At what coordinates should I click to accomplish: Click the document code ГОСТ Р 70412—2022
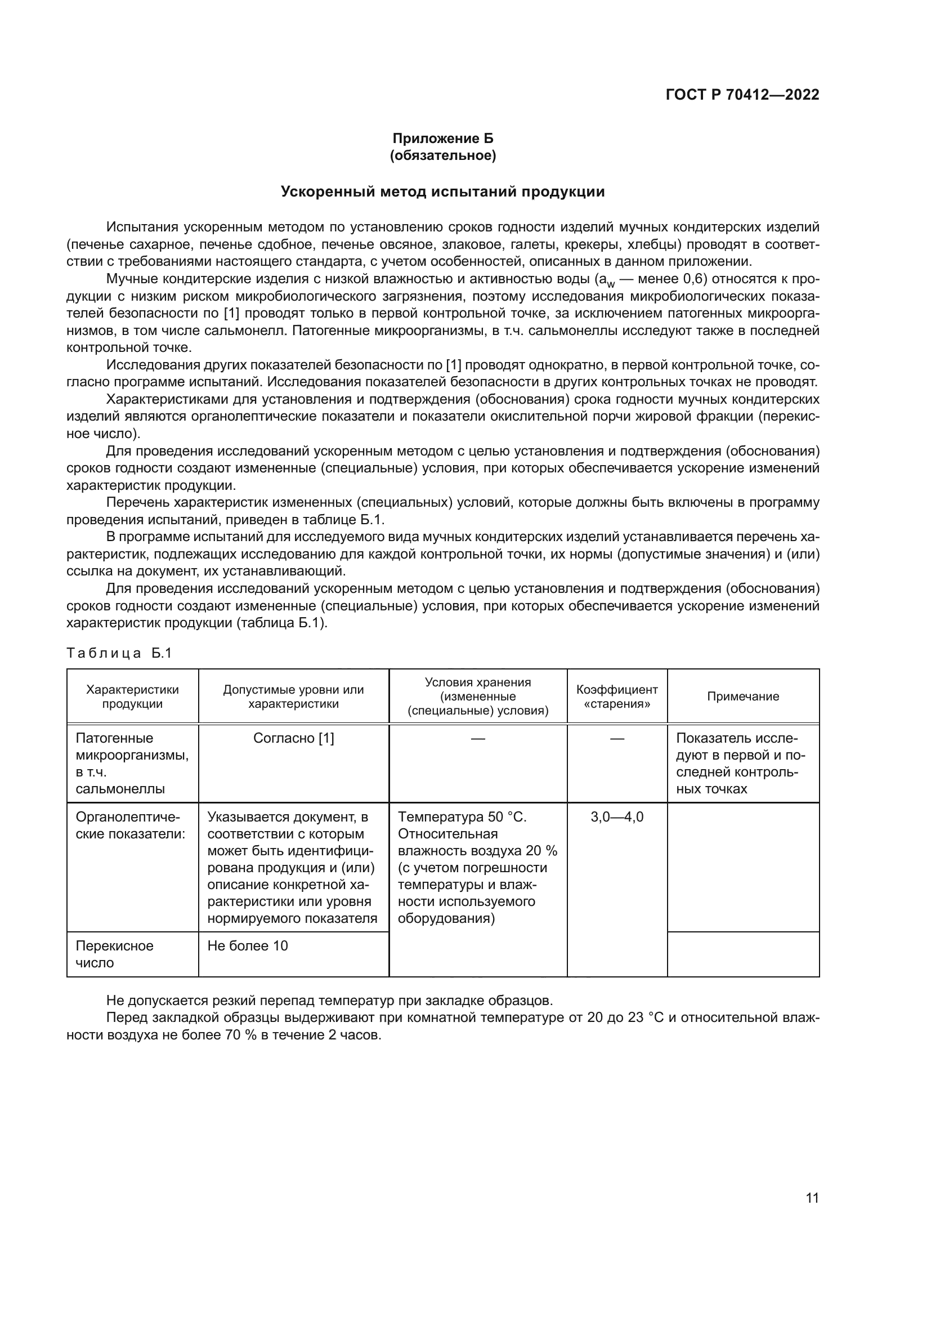pos(742,95)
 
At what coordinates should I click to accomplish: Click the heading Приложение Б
pos(442,139)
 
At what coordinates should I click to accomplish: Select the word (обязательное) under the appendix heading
pos(442,155)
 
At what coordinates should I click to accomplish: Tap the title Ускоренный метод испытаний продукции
pos(442,191)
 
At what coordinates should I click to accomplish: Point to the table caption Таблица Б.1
pos(119,653)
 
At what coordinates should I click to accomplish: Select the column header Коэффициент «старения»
pos(617,697)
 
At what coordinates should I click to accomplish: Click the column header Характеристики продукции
pos(132,697)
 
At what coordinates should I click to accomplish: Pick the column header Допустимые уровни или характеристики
pos(293,697)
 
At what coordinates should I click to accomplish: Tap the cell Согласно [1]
pos(293,738)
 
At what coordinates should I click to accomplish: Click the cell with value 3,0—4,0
pos(617,817)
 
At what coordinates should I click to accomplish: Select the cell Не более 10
pos(248,946)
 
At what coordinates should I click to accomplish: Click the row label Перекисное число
pos(114,954)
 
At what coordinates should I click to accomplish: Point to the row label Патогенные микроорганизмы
pos(132,746)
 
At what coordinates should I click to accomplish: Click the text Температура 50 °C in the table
pos(462,817)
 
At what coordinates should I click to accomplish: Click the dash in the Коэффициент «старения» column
pos(617,738)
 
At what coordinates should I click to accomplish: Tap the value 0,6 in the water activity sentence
pos(692,279)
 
